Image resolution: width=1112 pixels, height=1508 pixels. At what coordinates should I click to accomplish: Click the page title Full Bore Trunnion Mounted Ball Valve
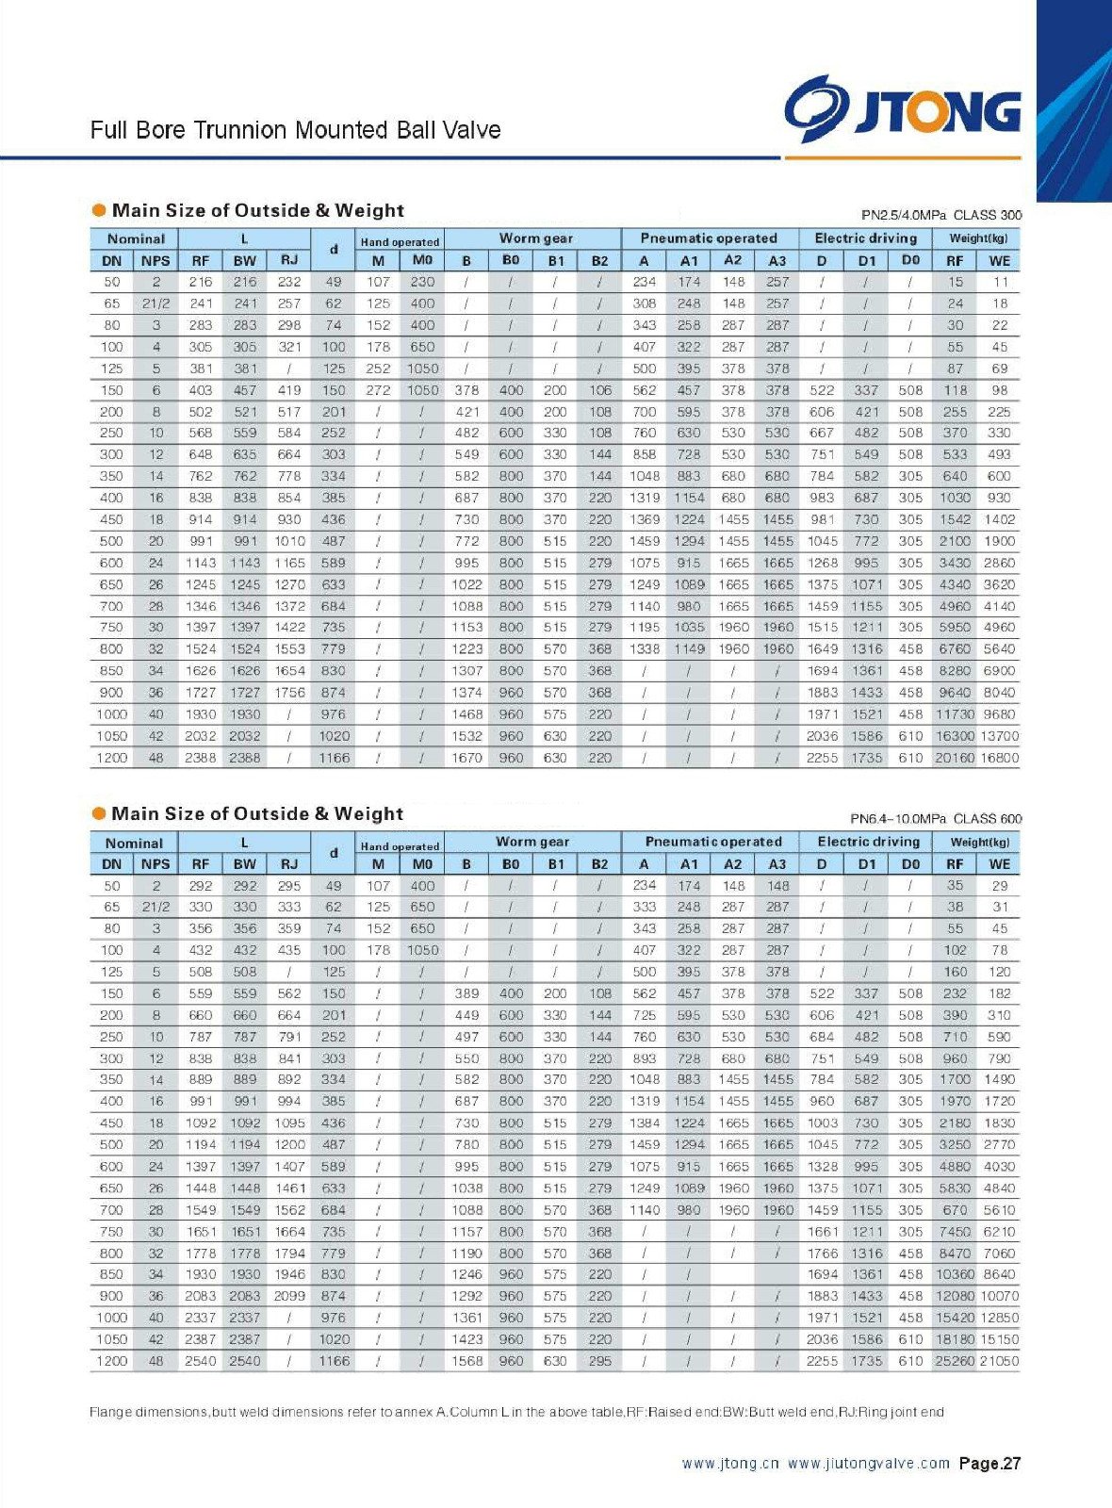coord(295,130)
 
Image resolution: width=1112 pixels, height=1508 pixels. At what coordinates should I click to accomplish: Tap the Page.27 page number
coord(989,1464)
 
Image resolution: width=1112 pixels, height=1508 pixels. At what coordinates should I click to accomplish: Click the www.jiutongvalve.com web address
coord(868,1464)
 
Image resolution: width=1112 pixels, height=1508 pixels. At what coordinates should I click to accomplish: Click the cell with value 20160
coord(955,758)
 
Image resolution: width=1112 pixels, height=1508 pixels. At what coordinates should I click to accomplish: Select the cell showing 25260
coord(955,1361)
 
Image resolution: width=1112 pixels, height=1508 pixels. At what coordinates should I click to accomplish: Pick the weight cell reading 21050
coord(999,1361)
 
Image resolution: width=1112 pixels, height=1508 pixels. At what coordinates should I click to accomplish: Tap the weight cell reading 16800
coord(999,758)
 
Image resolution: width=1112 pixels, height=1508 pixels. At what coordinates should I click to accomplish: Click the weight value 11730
coord(955,714)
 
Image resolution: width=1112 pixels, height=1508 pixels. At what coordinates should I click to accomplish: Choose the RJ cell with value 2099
coord(289,1296)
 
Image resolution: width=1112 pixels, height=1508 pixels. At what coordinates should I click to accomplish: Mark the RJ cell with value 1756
coord(289,693)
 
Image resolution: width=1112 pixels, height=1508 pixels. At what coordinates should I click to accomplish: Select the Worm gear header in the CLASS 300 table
coord(535,238)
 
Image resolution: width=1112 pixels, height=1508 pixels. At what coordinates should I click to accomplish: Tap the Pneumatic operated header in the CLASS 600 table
coord(713,842)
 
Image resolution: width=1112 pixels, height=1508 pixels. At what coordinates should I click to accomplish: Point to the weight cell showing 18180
coord(955,1339)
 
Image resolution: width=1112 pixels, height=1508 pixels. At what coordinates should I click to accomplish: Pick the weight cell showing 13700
coord(999,736)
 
